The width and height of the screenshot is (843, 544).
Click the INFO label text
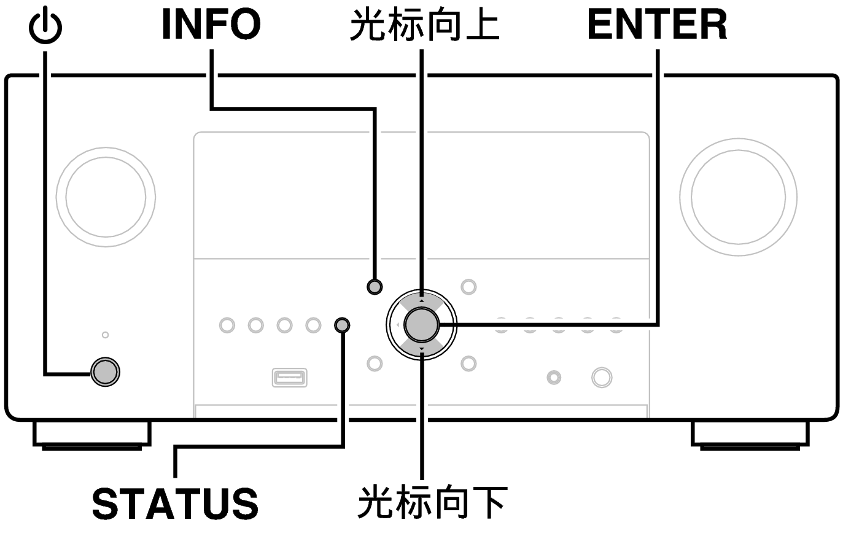[211, 24]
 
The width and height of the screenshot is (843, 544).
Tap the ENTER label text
[657, 25]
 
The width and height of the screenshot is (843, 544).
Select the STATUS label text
[176, 503]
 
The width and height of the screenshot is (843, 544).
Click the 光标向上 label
[425, 25]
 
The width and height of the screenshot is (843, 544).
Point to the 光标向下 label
[432, 503]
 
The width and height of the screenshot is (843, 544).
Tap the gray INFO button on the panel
[375, 287]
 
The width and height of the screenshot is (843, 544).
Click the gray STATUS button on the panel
[342, 325]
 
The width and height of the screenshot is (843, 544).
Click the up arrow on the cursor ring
[421, 301]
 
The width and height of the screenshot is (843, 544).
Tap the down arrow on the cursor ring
[421, 349]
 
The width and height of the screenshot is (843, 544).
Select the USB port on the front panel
[289, 377]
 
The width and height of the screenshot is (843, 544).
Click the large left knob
[106, 197]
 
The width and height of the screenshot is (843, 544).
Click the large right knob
[738, 197]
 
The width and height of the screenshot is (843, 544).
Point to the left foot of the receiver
[92, 435]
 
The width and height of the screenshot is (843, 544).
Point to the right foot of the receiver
[750, 435]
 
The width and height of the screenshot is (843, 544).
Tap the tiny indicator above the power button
[106, 335]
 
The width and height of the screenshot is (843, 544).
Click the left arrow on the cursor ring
[398, 325]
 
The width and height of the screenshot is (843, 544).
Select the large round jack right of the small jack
[602, 377]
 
